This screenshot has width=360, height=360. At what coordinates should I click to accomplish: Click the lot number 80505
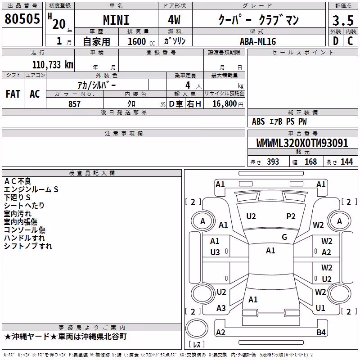[x=22, y=18]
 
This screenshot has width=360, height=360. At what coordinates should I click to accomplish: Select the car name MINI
[x=116, y=20]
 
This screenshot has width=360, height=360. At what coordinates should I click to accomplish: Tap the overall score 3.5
[x=343, y=20]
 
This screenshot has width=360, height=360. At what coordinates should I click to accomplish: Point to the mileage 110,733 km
[x=53, y=65]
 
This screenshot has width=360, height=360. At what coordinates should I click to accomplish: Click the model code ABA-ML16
[x=258, y=41]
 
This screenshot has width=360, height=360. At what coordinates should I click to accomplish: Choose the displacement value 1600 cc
[x=141, y=41]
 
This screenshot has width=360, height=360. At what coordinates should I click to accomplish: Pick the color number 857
[x=74, y=104]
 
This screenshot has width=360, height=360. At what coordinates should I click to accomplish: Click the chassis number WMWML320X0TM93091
[x=302, y=143]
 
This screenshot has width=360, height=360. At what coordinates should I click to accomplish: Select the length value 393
[x=273, y=162]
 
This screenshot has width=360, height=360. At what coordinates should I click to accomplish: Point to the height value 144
[x=346, y=162]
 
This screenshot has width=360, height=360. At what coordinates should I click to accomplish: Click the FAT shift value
[x=13, y=94]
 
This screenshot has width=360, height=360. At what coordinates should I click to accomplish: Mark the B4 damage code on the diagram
[x=321, y=332]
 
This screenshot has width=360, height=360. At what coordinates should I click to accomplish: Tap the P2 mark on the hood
[x=291, y=216]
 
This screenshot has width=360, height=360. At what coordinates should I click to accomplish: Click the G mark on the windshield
[x=284, y=237]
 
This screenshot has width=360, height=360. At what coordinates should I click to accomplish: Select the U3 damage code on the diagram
[x=215, y=252]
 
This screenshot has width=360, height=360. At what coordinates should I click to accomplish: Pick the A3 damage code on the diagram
[x=221, y=308]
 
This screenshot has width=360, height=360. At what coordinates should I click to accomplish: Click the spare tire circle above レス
[x=197, y=328]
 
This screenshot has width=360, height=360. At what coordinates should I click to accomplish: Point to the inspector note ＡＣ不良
[x=18, y=181]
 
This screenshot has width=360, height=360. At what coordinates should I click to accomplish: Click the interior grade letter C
[x=350, y=41]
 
